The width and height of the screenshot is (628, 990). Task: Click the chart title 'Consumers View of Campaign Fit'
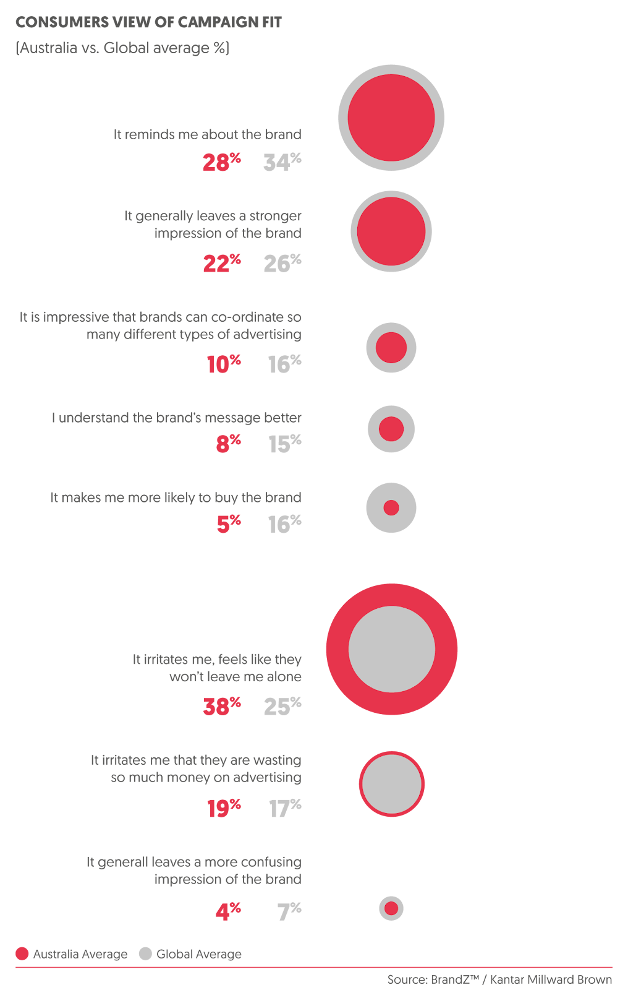[148, 23]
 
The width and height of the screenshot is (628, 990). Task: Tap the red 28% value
[221, 162]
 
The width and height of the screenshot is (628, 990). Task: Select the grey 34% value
[282, 162]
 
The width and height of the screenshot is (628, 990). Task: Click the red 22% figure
[221, 264]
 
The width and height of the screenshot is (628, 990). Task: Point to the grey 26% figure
[282, 264]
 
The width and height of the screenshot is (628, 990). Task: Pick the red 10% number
[223, 364]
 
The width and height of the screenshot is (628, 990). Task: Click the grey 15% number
[284, 444]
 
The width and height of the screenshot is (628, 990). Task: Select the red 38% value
[221, 706]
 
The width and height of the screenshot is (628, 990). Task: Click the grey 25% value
[282, 706]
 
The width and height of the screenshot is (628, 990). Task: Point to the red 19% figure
[223, 808]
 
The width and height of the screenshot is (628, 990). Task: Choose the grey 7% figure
[289, 911]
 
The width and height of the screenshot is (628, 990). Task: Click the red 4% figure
[227, 911]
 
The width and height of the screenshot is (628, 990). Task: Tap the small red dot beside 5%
[391, 508]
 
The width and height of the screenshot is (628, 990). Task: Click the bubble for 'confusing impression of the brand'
[391, 908]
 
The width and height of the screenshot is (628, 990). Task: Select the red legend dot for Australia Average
[22, 954]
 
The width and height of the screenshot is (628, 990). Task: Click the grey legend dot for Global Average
[145, 954]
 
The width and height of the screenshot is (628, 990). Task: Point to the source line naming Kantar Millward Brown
[499, 979]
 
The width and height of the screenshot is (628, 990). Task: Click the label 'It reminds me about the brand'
[208, 134]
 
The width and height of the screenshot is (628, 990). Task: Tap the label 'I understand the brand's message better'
[177, 418]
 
